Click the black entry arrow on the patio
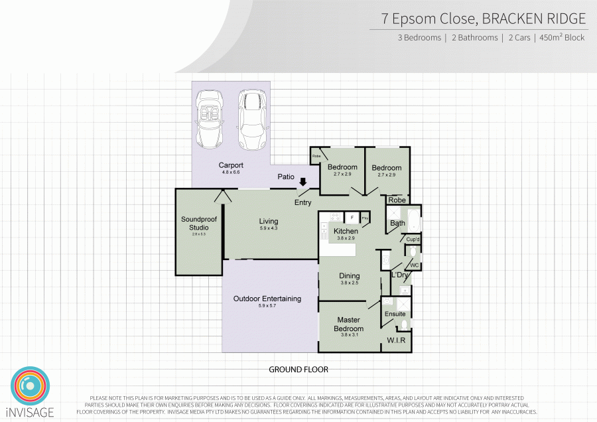303,182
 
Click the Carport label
231,165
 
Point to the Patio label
286,176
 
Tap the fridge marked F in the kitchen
352,217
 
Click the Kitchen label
346,231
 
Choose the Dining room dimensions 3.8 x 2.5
349,283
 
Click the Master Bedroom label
348,324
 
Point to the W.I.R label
396,341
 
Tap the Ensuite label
395,314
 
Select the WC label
414,265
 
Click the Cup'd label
413,239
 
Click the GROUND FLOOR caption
298,370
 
